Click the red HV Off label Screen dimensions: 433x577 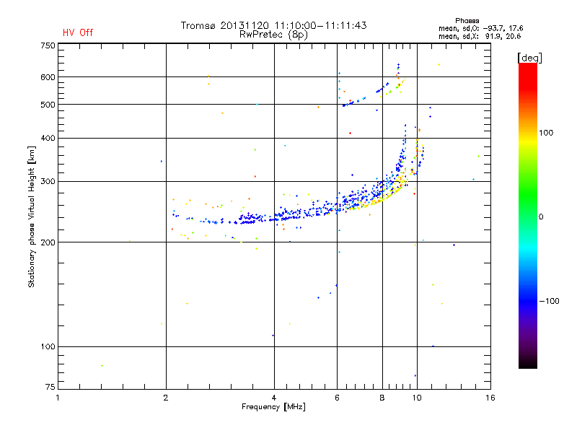(78, 32)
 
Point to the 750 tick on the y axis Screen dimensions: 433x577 (47, 45)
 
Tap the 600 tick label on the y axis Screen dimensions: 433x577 (47, 77)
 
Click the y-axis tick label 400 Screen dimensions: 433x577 (47, 138)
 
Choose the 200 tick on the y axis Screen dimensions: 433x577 (47, 242)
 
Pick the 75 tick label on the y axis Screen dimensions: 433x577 (49, 389)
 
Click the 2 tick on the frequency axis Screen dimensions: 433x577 (166, 397)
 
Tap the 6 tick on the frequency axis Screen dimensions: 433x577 (337, 397)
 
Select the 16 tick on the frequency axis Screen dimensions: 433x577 (490, 397)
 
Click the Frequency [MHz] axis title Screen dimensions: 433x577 (274, 408)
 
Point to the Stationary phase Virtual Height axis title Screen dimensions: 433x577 (32, 216)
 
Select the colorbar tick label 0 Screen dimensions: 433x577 (541, 216)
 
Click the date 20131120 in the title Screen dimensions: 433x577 (242, 25)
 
